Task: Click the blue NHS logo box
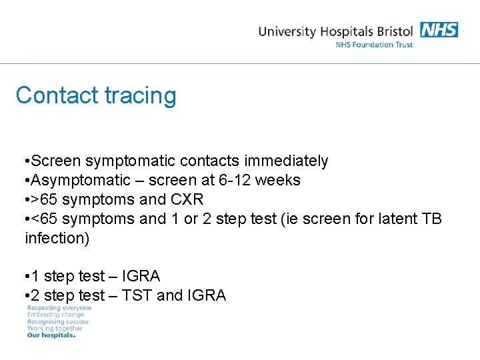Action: coord(439,30)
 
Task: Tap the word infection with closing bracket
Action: coord(57,238)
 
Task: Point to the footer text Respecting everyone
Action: coord(59,308)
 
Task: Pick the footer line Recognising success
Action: coord(57,321)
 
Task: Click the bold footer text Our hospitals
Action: coord(51,335)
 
